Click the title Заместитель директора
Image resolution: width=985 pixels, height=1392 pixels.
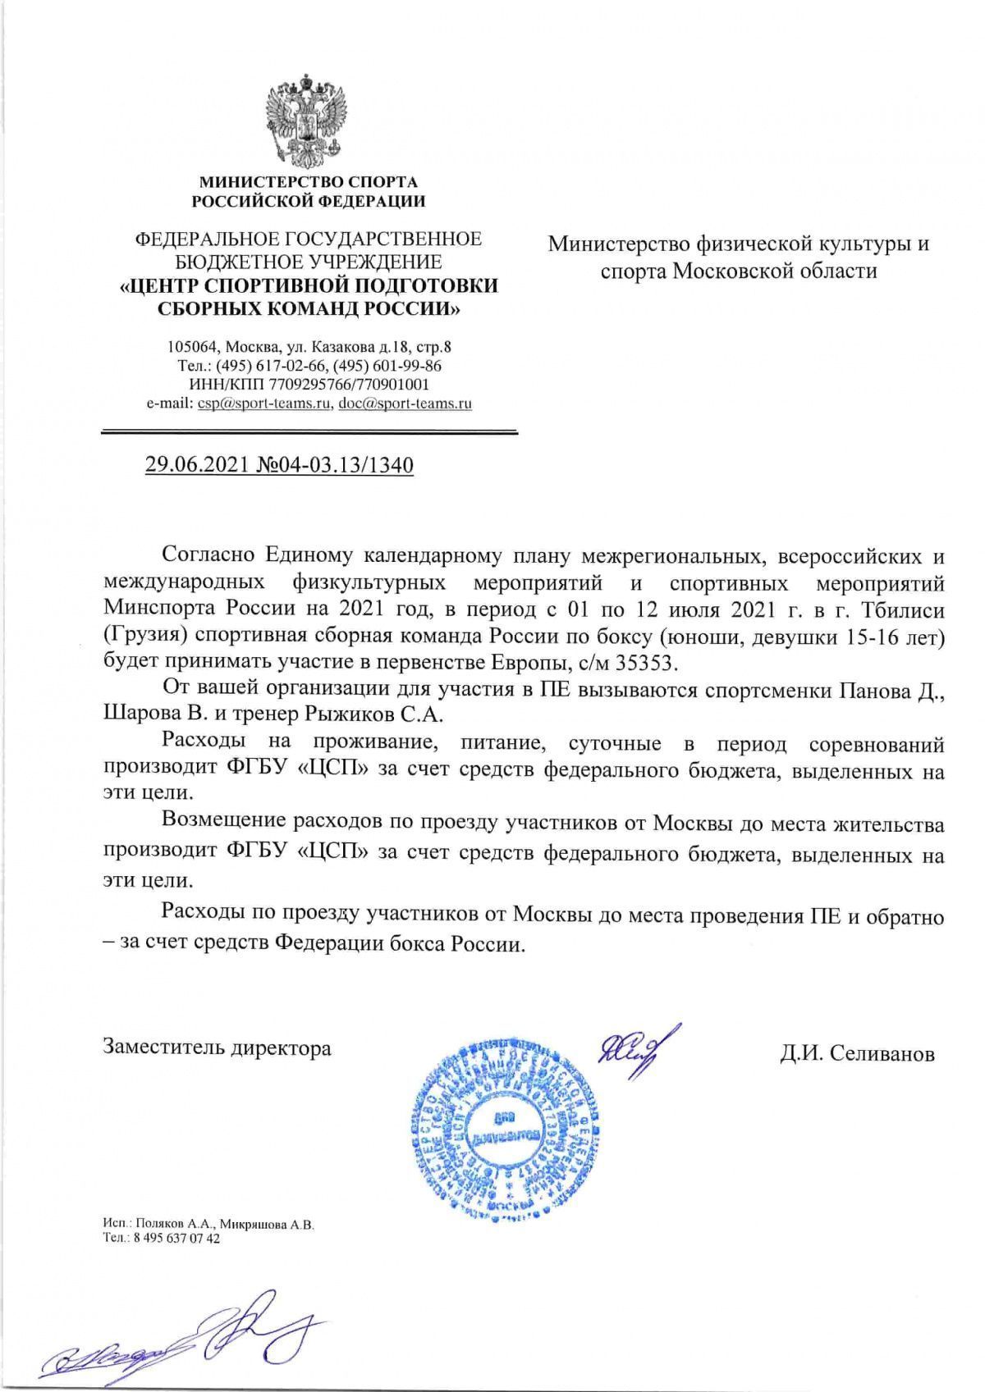(x=218, y=1047)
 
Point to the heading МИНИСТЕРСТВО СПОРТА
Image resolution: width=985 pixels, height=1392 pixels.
(x=309, y=181)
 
